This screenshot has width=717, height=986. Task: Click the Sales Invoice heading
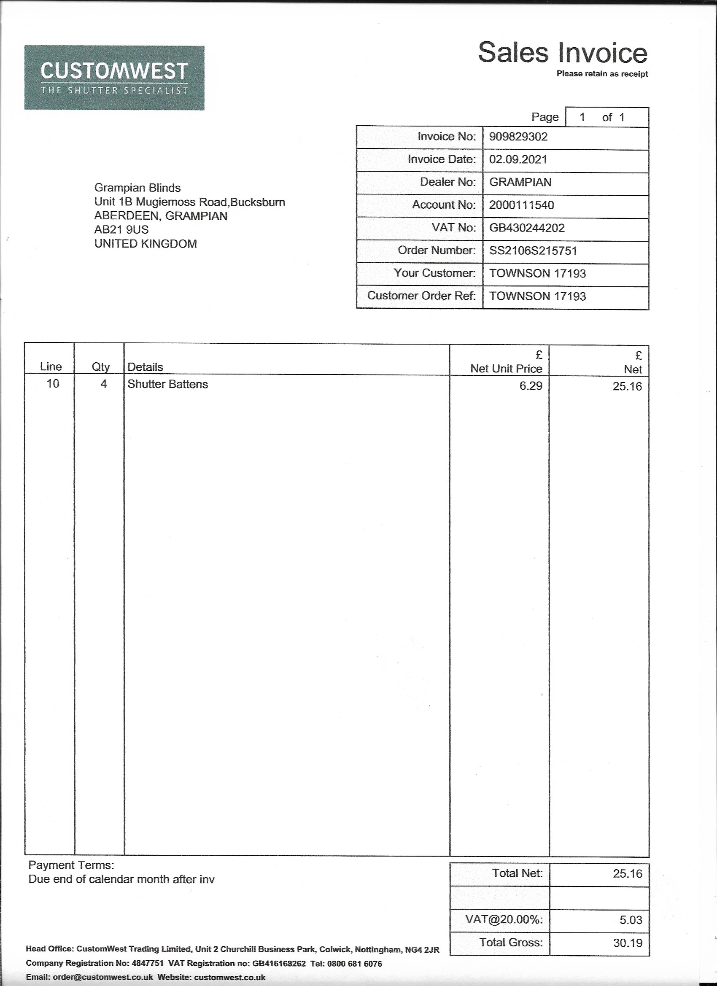[562, 53]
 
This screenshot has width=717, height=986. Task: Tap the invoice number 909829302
[518, 137]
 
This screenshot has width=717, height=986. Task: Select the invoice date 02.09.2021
[518, 159]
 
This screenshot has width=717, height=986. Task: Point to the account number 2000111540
[521, 205]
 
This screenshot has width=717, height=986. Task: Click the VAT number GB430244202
[526, 228]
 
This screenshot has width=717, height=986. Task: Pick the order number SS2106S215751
[533, 251]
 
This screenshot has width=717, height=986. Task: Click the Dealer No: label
[448, 182]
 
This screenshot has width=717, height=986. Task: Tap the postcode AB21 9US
[121, 229]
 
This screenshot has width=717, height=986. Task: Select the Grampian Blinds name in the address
[137, 188]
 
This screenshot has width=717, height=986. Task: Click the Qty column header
[100, 367]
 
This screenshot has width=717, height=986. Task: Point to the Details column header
[145, 367]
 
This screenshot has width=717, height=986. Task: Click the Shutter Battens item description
[167, 384]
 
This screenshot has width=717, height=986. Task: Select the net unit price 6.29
[531, 385]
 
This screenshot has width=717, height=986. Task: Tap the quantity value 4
[103, 384]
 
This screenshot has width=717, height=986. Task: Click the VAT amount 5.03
[631, 920]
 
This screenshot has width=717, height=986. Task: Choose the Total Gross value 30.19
[628, 943]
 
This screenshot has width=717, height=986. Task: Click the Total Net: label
[517, 873]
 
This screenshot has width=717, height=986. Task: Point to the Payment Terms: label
[71, 865]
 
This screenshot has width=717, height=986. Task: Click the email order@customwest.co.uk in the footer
[102, 977]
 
